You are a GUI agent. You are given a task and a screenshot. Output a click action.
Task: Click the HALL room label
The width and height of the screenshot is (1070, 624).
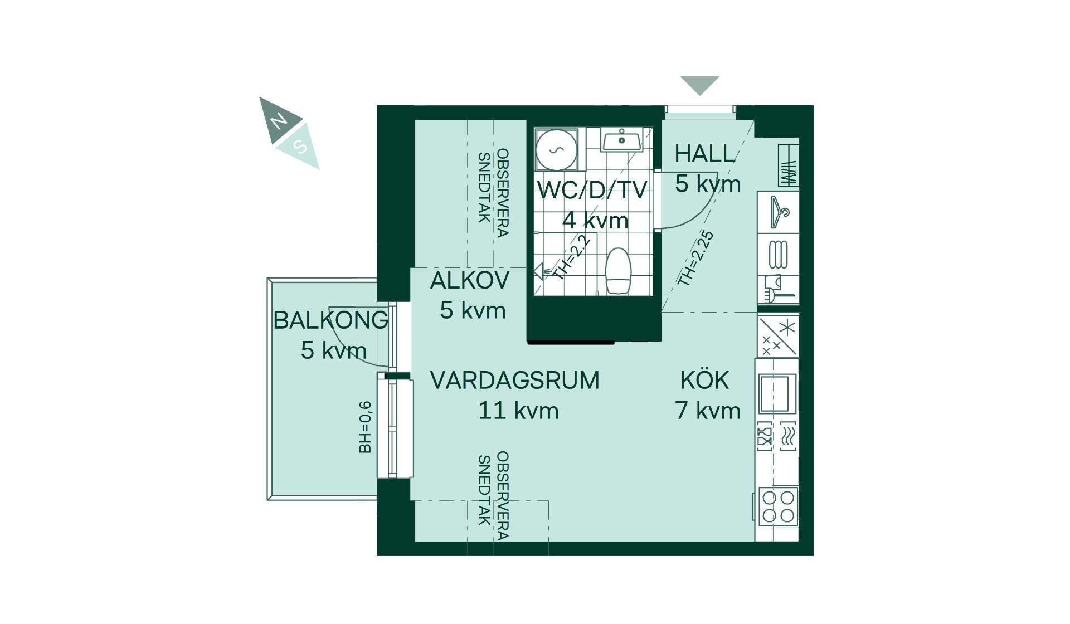(705, 153)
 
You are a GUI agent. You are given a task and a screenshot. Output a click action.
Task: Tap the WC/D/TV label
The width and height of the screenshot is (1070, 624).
(592, 190)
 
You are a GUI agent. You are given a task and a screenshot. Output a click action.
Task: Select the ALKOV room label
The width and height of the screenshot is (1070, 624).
(470, 280)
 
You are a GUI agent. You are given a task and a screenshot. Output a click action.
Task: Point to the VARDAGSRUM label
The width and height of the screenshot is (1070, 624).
(515, 381)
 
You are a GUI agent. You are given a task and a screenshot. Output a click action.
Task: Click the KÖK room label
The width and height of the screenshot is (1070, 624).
(705, 379)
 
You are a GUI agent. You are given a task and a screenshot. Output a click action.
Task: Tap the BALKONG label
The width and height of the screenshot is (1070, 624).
(331, 320)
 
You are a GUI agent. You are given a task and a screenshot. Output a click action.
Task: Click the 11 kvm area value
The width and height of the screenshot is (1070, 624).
(518, 411)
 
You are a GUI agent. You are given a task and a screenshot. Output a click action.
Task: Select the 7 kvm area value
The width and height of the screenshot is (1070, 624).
(708, 411)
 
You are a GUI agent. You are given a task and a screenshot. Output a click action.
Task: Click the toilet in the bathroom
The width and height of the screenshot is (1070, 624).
(617, 271)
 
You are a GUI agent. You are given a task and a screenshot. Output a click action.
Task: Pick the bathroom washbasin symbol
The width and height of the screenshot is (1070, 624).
(621, 139)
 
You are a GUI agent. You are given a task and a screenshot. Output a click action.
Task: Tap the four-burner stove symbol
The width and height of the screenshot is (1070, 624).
(779, 506)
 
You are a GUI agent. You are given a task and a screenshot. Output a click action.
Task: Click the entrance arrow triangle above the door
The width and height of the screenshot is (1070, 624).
(700, 84)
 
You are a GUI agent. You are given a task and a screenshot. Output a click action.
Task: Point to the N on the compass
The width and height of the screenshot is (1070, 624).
(279, 120)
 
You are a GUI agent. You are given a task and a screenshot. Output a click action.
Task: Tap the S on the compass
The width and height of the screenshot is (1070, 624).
(300, 146)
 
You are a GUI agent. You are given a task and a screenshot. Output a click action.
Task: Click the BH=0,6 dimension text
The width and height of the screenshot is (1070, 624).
(365, 427)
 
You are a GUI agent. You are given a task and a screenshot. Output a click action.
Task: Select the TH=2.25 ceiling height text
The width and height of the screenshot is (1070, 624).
(695, 258)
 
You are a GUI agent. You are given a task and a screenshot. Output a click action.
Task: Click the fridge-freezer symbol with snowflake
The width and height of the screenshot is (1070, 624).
(778, 336)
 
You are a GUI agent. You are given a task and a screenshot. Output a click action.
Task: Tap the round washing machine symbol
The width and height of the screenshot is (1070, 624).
(556, 149)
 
